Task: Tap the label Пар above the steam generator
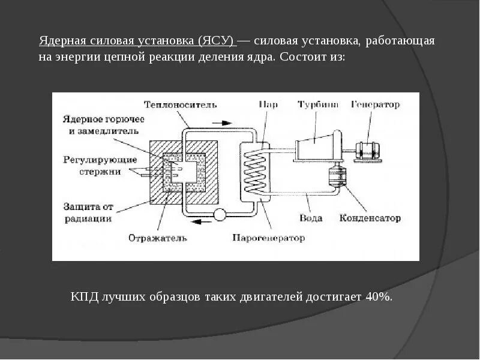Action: (x=268, y=104)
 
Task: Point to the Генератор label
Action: (x=376, y=104)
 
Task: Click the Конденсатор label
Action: (x=370, y=218)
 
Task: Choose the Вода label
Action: (x=310, y=218)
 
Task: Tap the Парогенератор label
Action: (x=268, y=238)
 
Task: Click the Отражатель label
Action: (x=158, y=238)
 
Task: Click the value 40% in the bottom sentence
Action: (x=378, y=297)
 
